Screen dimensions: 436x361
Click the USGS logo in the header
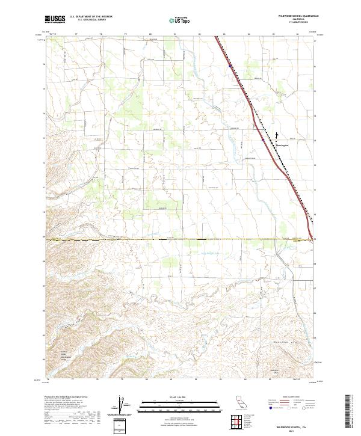pyautogui.click(x=55, y=20)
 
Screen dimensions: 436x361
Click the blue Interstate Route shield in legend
pyautogui.click(x=271, y=408)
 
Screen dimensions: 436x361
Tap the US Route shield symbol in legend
pyautogui.click(x=288, y=408)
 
